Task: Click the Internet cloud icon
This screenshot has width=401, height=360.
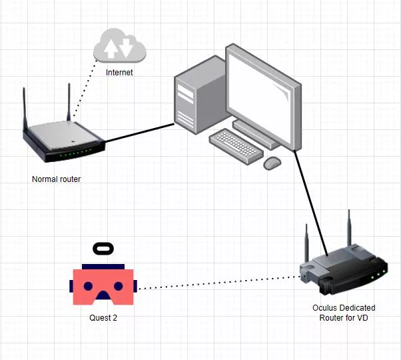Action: point(119,46)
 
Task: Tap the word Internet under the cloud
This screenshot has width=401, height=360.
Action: point(119,72)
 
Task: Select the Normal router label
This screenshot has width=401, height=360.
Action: point(56,179)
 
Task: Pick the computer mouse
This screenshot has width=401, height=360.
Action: point(272,163)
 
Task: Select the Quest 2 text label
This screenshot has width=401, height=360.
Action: point(103,318)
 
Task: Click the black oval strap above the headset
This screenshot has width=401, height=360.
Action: point(103,249)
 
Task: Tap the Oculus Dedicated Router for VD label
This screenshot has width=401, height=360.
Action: point(344,313)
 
